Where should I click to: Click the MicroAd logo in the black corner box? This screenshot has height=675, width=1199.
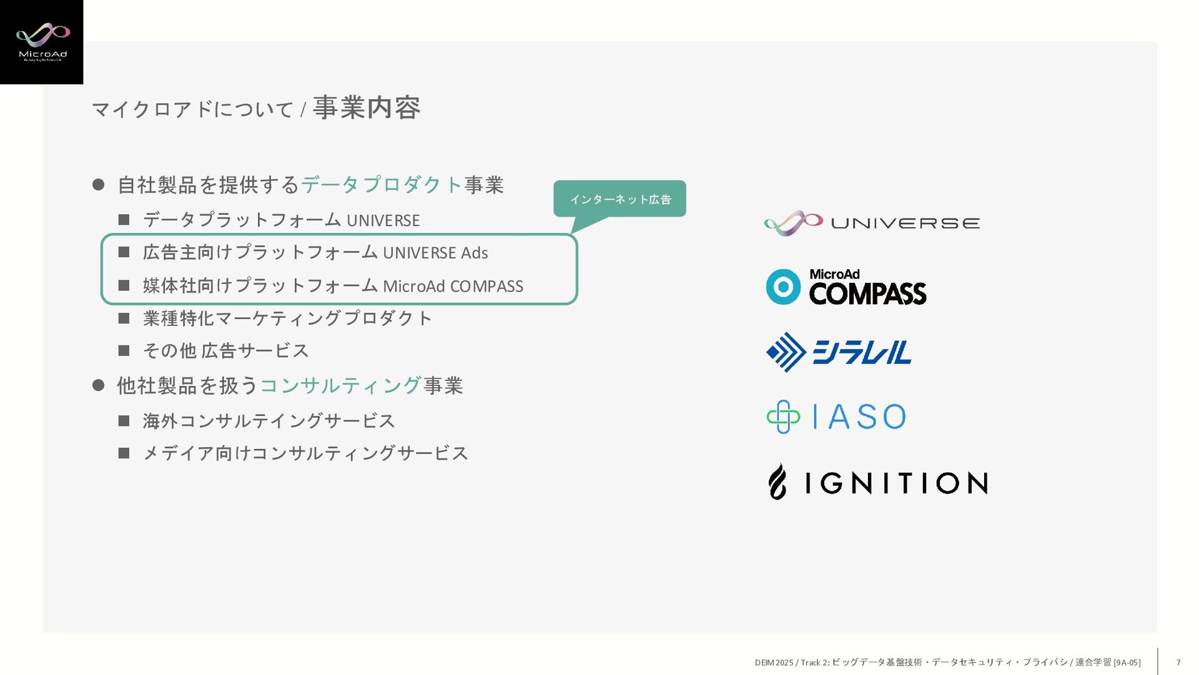(x=42, y=41)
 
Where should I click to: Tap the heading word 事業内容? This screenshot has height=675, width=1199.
(x=367, y=108)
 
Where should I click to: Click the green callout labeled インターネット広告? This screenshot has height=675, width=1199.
(x=619, y=199)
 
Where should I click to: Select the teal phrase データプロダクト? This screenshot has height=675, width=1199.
(x=382, y=185)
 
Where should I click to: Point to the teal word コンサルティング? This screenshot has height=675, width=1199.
(x=340, y=386)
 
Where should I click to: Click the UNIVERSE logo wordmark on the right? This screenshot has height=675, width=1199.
(x=905, y=224)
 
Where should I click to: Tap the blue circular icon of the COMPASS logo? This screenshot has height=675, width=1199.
(x=783, y=287)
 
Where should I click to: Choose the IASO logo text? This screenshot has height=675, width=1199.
(x=859, y=417)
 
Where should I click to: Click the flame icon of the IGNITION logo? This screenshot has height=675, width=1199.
(x=777, y=481)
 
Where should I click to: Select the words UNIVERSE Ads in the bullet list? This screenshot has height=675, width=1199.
(x=435, y=253)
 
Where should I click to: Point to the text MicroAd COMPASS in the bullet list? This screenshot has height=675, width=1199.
(x=453, y=286)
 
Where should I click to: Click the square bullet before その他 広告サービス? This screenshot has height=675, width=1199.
(x=124, y=351)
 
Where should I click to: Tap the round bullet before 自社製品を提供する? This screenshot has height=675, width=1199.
(x=98, y=185)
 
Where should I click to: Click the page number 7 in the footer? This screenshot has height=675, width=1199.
(x=1178, y=663)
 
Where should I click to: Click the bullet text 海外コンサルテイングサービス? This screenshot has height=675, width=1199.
(x=269, y=421)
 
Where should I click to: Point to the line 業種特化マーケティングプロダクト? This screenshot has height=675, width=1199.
(x=287, y=318)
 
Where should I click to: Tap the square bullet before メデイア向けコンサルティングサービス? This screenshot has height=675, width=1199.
(x=124, y=453)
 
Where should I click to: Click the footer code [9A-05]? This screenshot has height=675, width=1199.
(x=1127, y=663)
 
